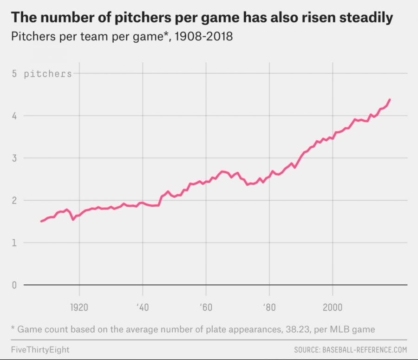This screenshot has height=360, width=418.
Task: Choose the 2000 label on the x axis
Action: coord(332,308)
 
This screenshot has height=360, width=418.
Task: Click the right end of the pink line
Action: coord(390,99)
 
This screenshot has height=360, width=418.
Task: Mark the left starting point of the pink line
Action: coord(41,221)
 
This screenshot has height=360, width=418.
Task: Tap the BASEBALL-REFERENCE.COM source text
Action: coord(365,349)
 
